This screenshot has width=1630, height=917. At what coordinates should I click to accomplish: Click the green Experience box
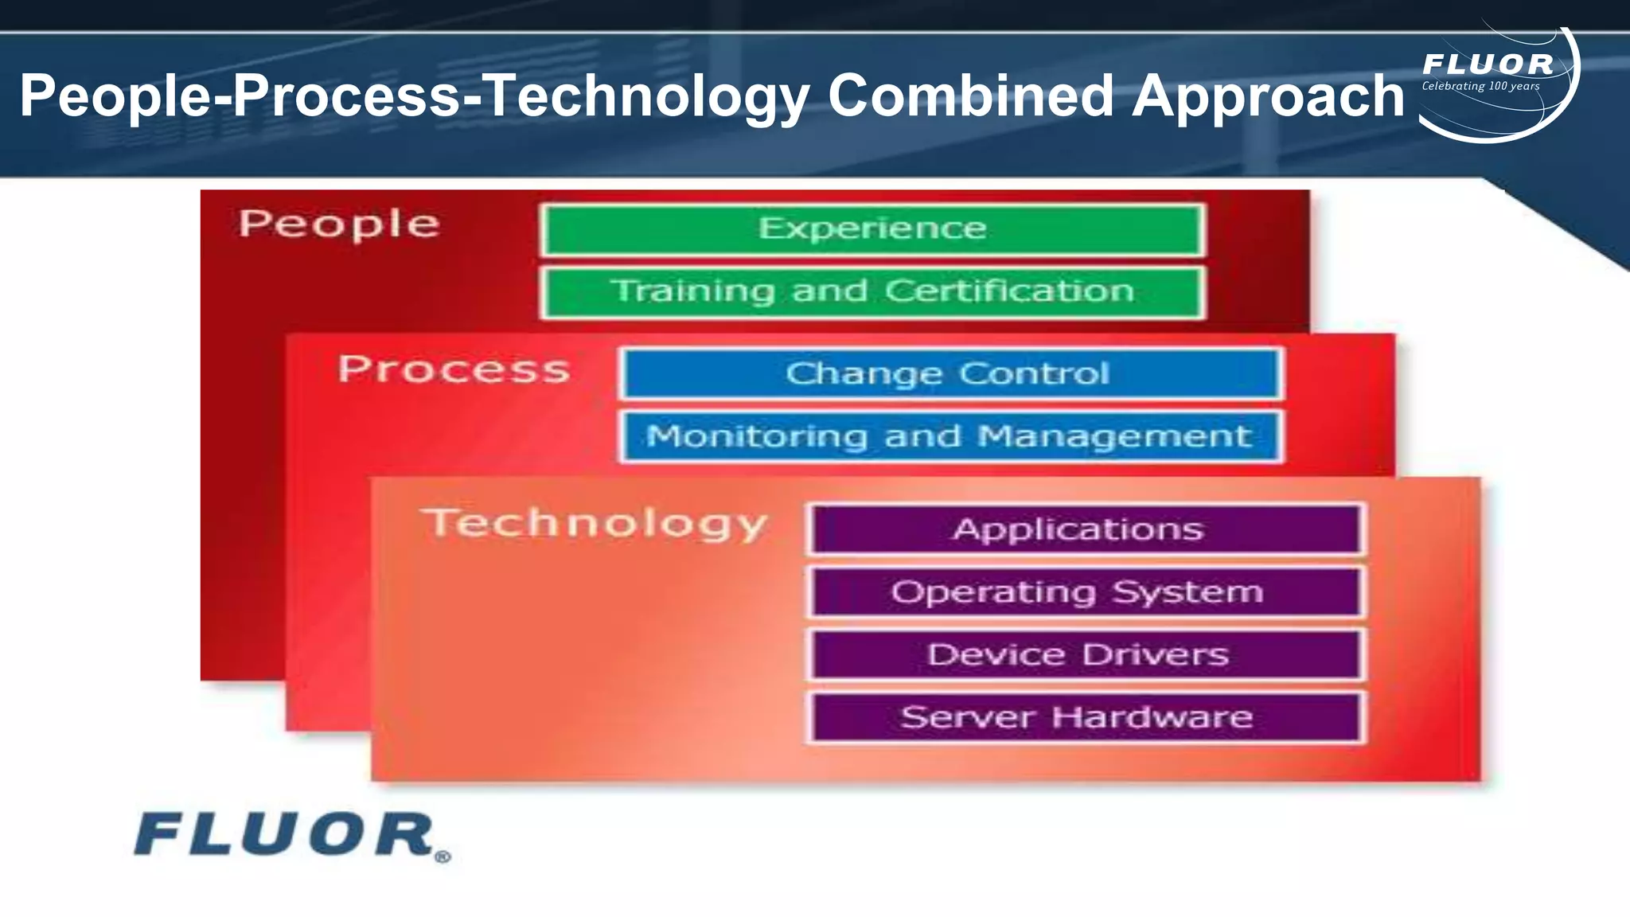[872, 229]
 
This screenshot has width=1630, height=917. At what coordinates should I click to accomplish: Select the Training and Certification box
[872, 292]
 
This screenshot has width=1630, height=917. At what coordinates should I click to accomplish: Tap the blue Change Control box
[950, 373]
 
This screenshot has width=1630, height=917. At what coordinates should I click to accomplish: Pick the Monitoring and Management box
[950, 436]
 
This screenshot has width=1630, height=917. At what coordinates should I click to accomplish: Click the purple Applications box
[1086, 529]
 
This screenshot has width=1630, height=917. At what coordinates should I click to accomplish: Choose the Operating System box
[1086, 592]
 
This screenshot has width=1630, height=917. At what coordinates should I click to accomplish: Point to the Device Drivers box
[1086, 654]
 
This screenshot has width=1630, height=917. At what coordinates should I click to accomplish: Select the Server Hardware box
[1086, 717]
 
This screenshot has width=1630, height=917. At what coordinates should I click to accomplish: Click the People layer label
[339, 224]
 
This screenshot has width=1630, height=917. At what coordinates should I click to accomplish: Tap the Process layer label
[454, 369]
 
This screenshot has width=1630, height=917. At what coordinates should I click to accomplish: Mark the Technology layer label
[596, 524]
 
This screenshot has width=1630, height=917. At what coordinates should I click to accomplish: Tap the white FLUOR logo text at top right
[1488, 64]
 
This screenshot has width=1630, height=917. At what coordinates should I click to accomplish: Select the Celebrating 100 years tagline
[1480, 86]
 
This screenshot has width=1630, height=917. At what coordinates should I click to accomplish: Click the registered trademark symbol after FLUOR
[443, 857]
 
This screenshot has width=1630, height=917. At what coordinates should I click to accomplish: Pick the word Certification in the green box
[1009, 291]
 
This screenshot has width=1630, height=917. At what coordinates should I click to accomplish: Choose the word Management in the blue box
[1114, 436]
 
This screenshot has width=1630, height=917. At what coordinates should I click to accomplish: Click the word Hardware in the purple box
[1152, 717]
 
